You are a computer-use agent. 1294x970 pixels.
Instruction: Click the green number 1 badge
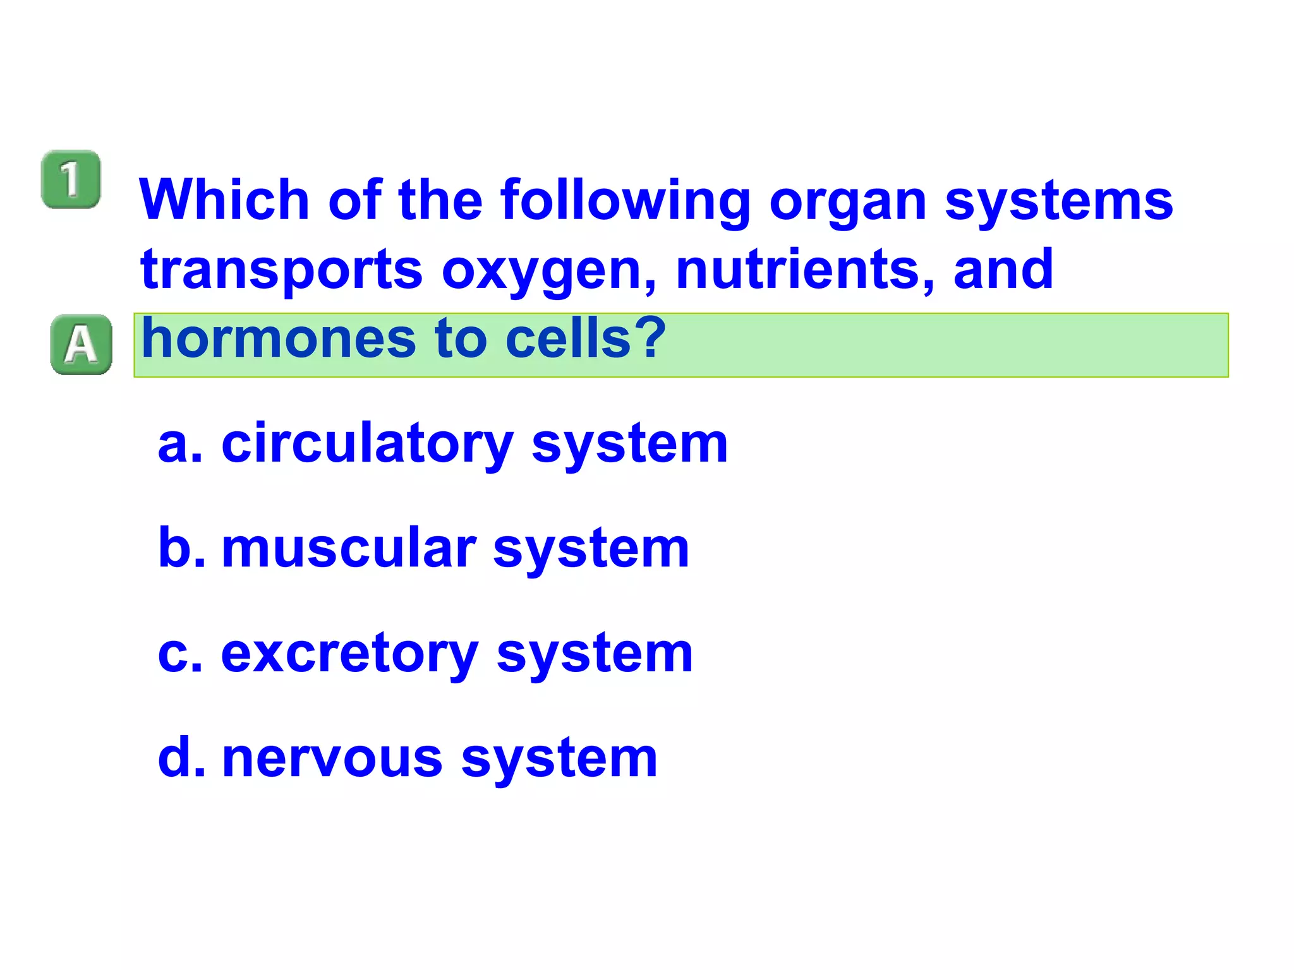point(71,179)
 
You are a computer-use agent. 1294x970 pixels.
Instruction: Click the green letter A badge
point(81,344)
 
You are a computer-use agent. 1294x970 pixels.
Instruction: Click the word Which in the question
point(224,200)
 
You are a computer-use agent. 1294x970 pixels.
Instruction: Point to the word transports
point(281,270)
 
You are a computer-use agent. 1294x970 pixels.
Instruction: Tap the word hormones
point(279,338)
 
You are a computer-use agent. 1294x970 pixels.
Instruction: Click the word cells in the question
point(569,338)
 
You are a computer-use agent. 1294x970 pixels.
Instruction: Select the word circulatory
point(367,445)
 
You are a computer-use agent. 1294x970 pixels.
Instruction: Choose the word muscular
point(349,548)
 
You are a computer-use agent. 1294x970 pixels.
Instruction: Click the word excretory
point(349,654)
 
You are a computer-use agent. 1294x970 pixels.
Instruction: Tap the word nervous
point(332,758)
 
